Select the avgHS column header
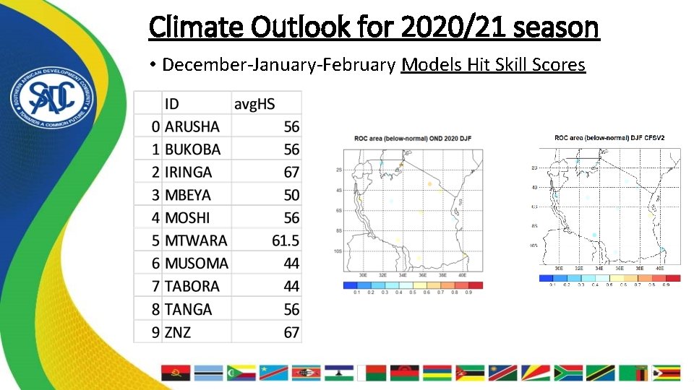[x=254, y=104]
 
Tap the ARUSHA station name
[x=192, y=127]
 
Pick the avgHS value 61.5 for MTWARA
[x=285, y=240]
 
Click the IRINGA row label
[x=188, y=173]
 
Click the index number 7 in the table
[x=155, y=286]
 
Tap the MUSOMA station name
[x=196, y=264]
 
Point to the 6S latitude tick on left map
[x=338, y=210]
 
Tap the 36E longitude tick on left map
[x=422, y=275]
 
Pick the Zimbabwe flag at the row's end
[x=666, y=373]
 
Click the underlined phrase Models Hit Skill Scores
[x=493, y=65]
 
